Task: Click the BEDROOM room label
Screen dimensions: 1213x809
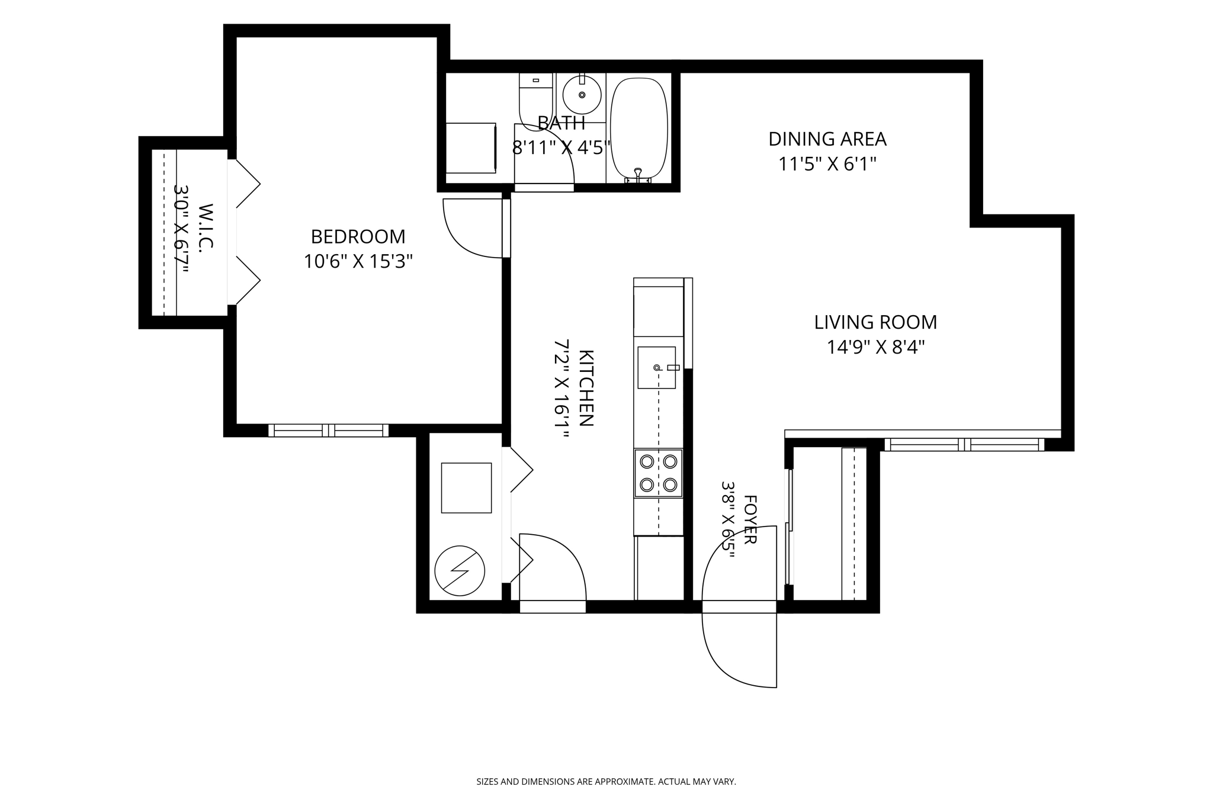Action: [358, 236]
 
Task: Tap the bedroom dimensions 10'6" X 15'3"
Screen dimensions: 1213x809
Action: [358, 261]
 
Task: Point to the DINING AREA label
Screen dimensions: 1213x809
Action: [827, 139]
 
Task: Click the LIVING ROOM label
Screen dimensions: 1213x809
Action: [875, 322]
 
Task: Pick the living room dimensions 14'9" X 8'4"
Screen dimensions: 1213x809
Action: [875, 347]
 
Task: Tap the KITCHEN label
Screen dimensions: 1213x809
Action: [586, 388]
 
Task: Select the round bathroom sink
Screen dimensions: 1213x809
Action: [582, 95]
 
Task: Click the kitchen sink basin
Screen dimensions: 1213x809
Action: [656, 368]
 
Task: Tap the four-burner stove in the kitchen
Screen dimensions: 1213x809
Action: [659, 473]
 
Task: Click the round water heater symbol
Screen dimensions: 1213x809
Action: [460, 571]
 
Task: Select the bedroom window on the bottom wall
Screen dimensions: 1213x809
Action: [328, 431]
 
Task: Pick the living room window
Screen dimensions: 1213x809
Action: [964, 444]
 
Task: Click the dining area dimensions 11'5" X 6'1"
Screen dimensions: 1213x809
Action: [827, 164]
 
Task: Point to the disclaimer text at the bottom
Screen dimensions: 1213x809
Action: [606, 782]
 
